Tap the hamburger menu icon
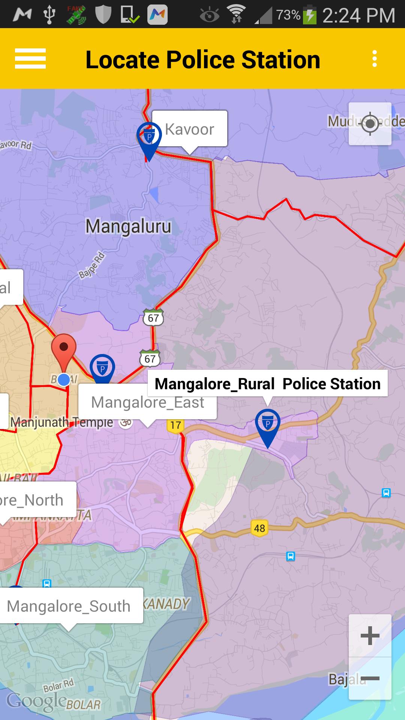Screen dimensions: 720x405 [30, 59]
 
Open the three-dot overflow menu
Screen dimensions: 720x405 [374, 59]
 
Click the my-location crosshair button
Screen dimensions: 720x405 [370, 123]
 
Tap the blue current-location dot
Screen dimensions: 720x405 [64, 379]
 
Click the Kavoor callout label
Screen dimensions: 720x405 [189, 129]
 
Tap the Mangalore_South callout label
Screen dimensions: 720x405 [69, 606]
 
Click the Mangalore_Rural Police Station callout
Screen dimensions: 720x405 [267, 384]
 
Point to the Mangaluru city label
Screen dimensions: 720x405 [128, 226]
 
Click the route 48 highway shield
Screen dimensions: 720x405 [259, 528]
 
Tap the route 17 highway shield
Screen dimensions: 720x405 [175, 425]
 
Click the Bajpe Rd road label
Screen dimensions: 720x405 [92, 265]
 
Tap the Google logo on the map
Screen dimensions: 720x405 [36, 701]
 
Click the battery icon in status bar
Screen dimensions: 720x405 [310, 15]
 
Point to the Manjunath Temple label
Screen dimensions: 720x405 [62, 422]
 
